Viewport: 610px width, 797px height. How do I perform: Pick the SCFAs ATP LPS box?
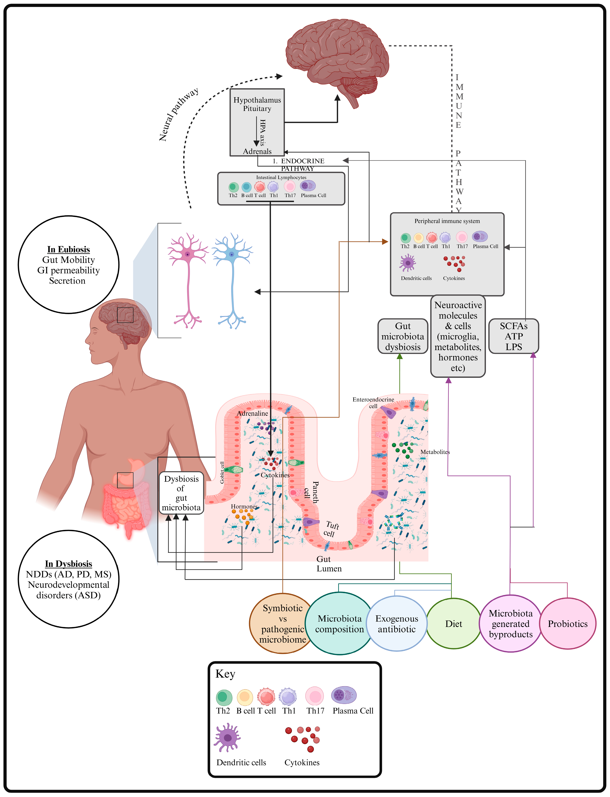click(x=513, y=336)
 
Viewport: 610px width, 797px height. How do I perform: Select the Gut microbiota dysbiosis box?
click(x=403, y=336)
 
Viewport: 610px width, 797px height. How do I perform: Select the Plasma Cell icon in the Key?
click(x=344, y=695)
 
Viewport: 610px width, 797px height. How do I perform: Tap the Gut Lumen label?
click(x=329, y=564)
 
